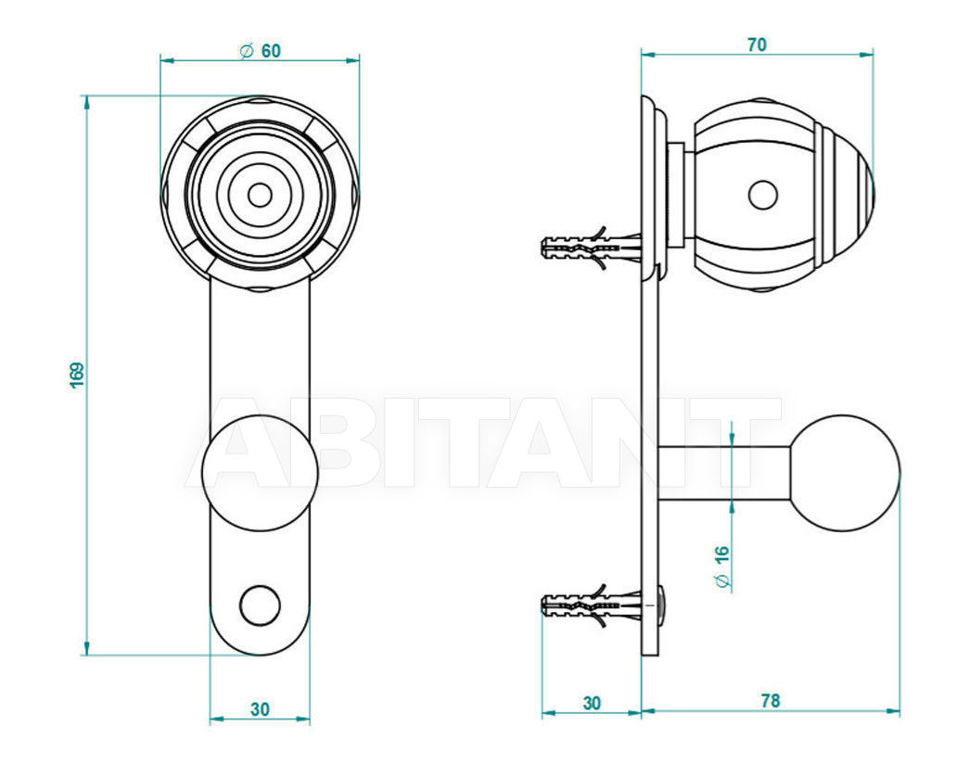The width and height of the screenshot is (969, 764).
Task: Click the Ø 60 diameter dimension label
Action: pyautogui.click(x=260, y=51)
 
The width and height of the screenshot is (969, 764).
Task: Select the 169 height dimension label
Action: pyautogui.click(x=77, y=376)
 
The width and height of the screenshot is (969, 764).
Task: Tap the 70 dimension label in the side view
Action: pyautogui.click(x=757, y=45)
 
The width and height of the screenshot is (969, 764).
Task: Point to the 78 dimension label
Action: pyautogui.click(x=770, y=701)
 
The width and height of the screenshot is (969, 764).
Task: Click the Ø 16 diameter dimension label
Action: pyautogui.click(x=721, y=567)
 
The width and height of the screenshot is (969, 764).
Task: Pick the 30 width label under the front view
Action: pyautogui.click(x=260, y=709)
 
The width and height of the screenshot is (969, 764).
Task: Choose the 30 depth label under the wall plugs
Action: pyautogui.click(x=592, y=703)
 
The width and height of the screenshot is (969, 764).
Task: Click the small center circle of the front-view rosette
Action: pyautogui.click(x=260, y=196)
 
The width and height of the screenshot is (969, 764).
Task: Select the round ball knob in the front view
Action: pyautogui.click(x=261, y=473)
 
